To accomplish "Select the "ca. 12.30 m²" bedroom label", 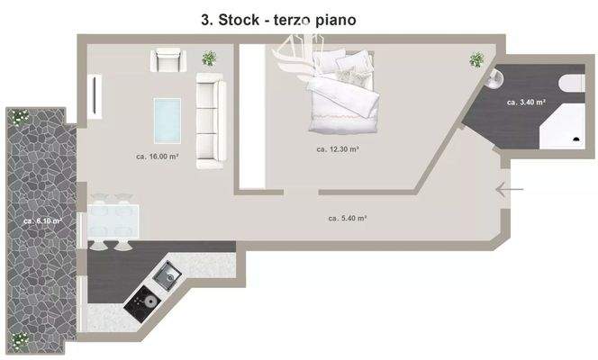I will tap(338, 149).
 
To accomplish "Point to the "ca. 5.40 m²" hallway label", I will tap(346, 218).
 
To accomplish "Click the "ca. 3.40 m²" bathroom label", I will tap(527, 103).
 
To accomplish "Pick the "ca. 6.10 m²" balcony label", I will tap(42, 220).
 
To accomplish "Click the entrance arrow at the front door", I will tap(510, 189).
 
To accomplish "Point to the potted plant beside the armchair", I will tap(209, 59).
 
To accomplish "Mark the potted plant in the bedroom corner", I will tap(476, 59).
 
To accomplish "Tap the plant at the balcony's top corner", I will tap(19, 115).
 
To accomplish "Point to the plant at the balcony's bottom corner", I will tap(19, 339).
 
